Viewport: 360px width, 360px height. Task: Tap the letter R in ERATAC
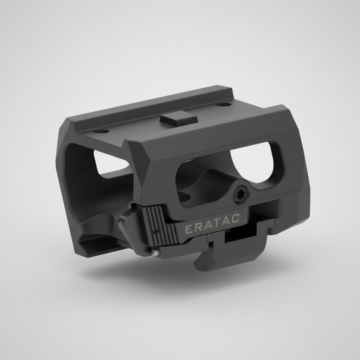pos(197,227)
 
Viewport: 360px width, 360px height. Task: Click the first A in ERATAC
pos(207,224)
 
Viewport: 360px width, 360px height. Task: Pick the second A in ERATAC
pos(226,219)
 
